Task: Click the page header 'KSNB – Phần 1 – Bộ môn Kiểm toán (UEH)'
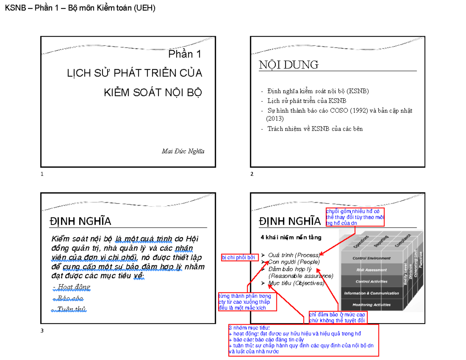tap(80, 9)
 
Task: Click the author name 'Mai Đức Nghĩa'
tap(183, 151)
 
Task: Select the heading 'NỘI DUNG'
tap(289, 65)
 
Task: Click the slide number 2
tap(252, 174)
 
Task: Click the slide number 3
tap(42, 330)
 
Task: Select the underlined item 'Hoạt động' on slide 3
tap(71, 287)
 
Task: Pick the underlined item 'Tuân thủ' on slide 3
tap(70, 309)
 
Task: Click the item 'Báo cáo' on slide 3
tap(69, 298)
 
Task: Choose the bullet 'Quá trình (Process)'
tap(294, 255)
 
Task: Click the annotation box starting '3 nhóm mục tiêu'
tap(303, 339)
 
